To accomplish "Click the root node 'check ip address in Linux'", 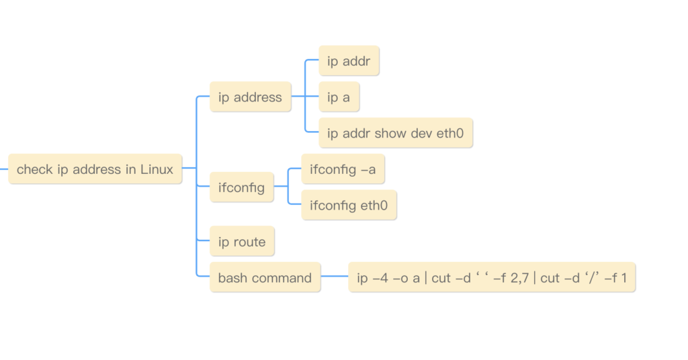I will pos(95,169).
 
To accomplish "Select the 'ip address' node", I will pos(250,97).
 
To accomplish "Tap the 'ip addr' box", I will pos(349,61).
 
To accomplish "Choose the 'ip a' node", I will pos(339,97).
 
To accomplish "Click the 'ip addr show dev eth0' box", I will pos(396,133).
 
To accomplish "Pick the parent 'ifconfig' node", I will pos(241,188).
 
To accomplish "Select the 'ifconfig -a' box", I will pos(343,169).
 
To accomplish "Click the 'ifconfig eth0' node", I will pos(349,206).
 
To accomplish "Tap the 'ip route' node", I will pos(242,242).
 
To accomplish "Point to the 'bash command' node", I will pos(265,277).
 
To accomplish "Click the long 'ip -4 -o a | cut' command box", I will pos(491,277).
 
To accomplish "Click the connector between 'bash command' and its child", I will pos(334,277).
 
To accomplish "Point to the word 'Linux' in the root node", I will pos(157,169).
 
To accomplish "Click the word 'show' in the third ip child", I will pos(390,133).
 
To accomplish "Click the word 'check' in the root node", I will pos(34,169).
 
